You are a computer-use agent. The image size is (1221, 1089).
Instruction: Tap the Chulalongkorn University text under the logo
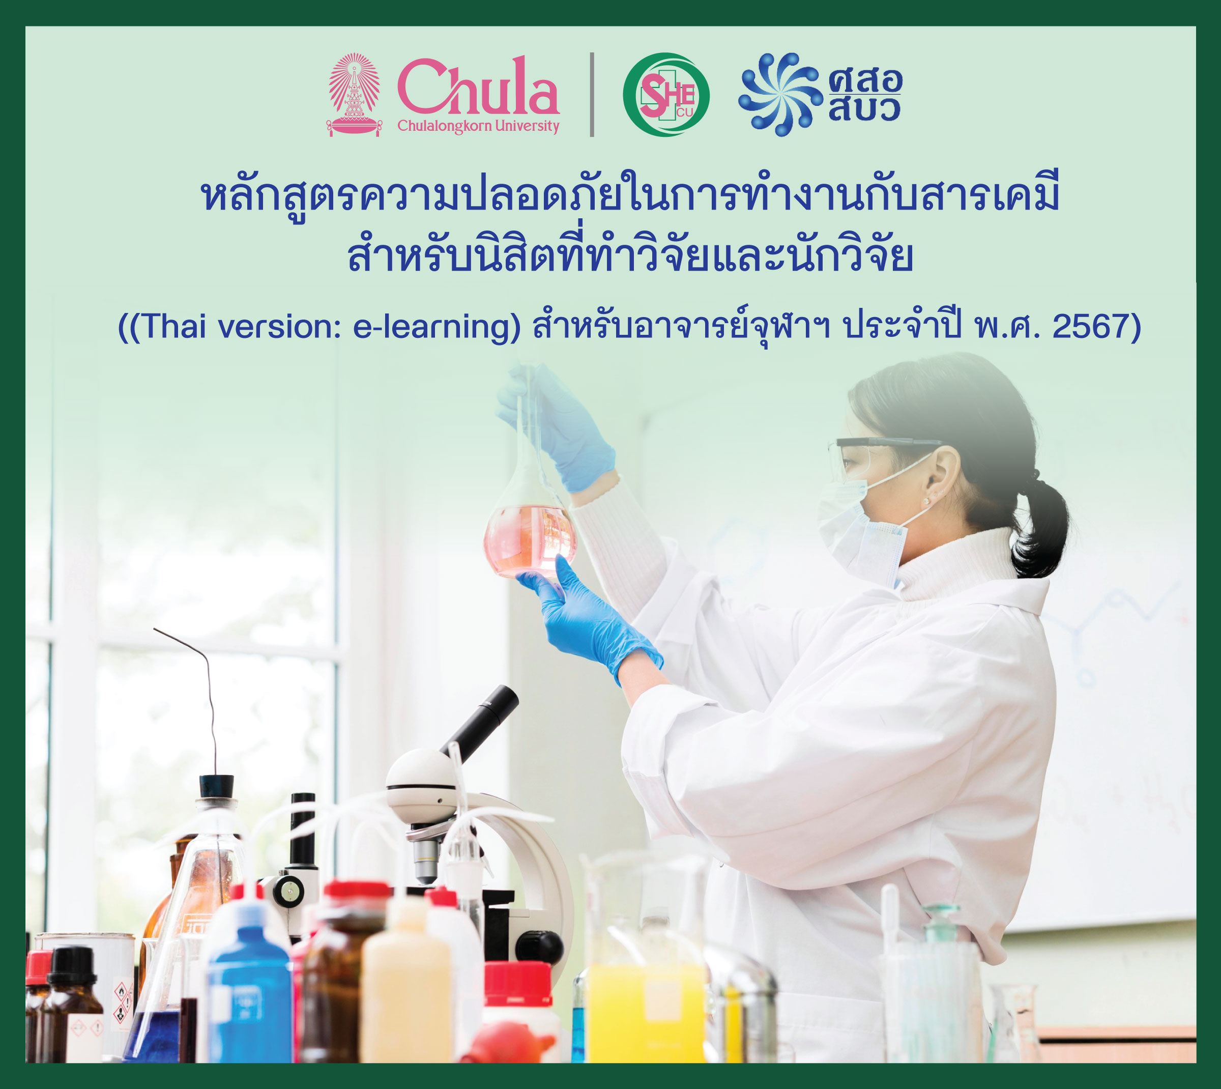click(479, 126)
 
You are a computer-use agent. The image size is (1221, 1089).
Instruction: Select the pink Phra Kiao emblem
click(355, 95)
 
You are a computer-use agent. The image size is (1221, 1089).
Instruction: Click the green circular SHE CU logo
click(666, 95)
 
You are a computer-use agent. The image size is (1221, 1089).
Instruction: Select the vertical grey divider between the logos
click(592, 95)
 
